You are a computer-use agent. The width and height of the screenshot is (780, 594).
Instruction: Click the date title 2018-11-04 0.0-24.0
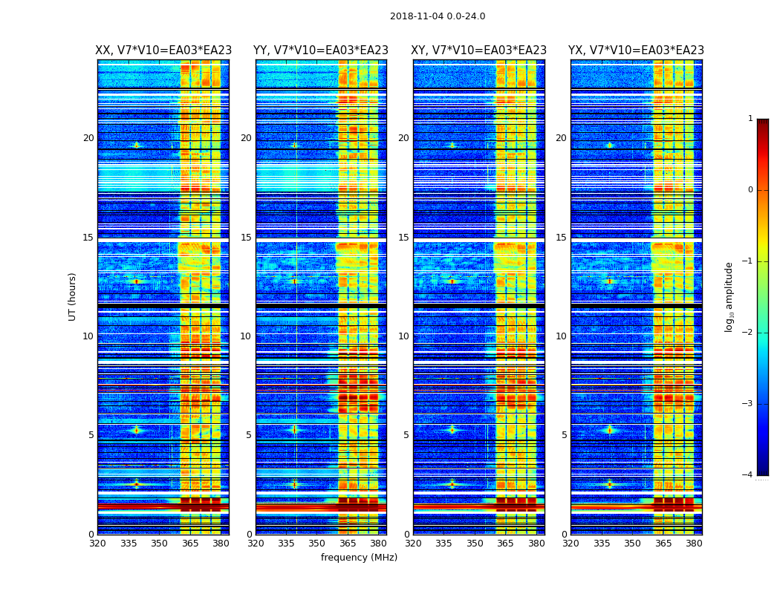tap(438, 16)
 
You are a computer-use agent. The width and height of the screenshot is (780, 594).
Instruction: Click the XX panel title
tap(163, 50)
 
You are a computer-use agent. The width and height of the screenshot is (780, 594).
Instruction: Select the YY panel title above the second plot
tap(321, 50)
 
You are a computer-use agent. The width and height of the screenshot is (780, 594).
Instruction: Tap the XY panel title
tap(479, 50)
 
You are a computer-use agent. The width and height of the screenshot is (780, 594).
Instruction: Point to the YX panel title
tap(636, 50)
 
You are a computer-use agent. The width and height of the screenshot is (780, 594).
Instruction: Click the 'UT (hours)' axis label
tap(72, 296)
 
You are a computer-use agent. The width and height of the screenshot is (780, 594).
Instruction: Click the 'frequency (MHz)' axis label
tap(359, 558)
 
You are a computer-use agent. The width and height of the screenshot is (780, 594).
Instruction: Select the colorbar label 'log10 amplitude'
tap(729, 297)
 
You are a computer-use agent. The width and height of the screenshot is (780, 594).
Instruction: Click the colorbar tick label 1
tap(750, 119)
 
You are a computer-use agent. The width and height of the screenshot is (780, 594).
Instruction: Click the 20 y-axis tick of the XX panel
tap(88, 138)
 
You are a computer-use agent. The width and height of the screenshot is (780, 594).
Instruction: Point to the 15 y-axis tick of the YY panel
tap(246, 238)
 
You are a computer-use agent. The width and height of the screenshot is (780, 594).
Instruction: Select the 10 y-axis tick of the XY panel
tap(403, 336)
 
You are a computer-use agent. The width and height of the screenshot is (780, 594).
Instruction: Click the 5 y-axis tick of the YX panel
tap(564, 435)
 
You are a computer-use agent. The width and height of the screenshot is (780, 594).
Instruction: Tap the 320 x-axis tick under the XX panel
tap(97, 544)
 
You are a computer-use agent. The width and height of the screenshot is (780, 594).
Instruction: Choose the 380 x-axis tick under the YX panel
tap(694, 544)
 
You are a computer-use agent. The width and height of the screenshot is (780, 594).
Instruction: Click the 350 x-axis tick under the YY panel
tap(317, 544)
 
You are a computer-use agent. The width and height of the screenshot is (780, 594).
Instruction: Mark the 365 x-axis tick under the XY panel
tap(505, 544)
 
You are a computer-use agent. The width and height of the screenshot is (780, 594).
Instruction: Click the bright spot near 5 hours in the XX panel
tap(136, 429)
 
